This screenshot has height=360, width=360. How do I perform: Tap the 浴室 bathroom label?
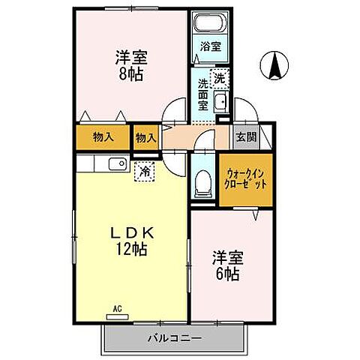pos(211,46)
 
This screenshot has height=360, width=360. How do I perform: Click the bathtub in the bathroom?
pos(211,25)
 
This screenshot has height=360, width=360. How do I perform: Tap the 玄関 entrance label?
pos(246,136)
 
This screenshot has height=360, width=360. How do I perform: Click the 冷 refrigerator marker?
pos(143,171)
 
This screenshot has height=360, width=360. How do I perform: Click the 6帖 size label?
pos(226,274)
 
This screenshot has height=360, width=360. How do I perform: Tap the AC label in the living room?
pos(118,307)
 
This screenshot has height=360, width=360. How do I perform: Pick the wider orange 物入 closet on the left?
pos(103,137)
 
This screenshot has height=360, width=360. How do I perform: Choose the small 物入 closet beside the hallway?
pos(146,137)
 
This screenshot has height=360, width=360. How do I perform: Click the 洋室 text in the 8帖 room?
pos(129,56)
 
